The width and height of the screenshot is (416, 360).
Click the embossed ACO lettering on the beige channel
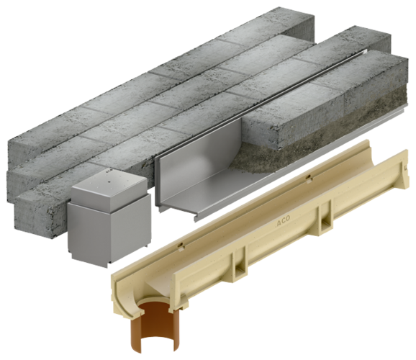[283, 221]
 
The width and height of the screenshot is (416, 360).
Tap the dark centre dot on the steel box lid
[109, 182]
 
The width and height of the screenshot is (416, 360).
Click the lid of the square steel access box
[109, 188]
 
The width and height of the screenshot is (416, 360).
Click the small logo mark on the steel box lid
[109, 171]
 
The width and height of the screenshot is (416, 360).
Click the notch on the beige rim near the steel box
[181, 246]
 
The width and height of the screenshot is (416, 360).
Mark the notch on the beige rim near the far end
[308, 177]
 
